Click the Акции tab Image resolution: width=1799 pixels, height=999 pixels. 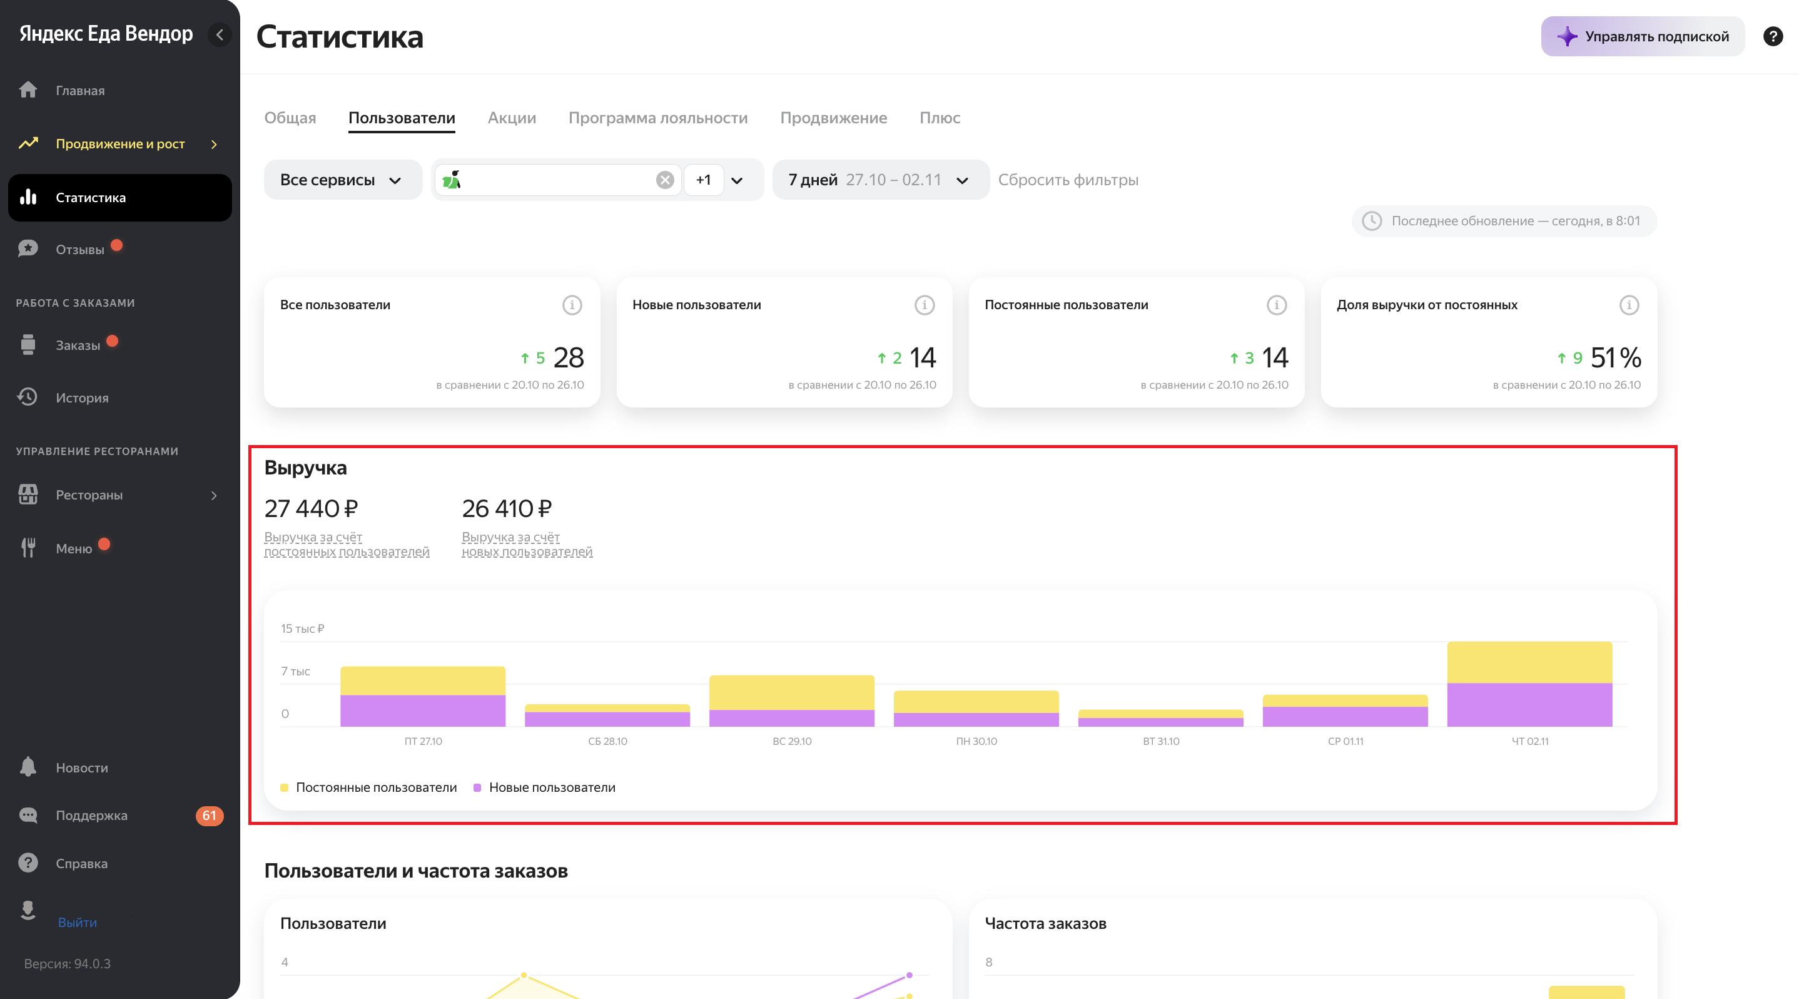(x=511, y=118)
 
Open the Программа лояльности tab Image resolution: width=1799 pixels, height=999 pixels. (x=657, y=118)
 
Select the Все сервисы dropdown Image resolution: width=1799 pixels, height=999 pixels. (x=342, y=180)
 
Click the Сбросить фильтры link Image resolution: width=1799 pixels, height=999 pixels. (x=1067, y=180)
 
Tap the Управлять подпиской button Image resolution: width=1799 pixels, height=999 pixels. (x=1642, y=36)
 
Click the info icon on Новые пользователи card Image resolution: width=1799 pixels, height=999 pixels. (x=924, y=305)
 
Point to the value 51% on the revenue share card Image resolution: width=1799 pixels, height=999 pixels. (x=1615, y=357)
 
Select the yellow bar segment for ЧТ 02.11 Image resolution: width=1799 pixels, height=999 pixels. (x=1529, y=662)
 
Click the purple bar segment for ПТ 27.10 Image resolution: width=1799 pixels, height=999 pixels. (x=422, y=710)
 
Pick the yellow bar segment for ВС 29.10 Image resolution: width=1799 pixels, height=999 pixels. (x=791, y=692)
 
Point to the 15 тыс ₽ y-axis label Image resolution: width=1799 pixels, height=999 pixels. (x=302, y=628)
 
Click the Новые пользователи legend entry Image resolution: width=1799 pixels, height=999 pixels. (x=551, y=787)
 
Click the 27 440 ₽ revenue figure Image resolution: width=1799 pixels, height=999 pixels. (x=311, y=509)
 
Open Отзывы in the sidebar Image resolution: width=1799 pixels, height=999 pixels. (x=79, y=249)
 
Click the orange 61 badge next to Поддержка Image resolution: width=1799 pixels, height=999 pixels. (x=209, y=815)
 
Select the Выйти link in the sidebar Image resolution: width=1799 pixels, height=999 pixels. (x=77, y=922)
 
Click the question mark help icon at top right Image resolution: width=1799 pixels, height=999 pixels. (x=1773, y=36)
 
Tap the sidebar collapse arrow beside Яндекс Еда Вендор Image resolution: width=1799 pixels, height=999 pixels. (x=220, y=34)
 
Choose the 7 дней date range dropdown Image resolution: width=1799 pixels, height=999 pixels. (x=879, y=180)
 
